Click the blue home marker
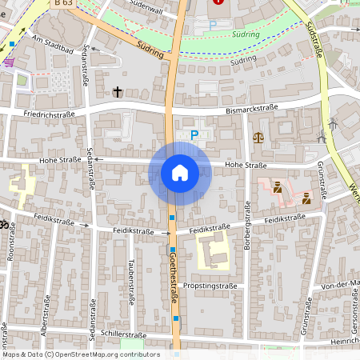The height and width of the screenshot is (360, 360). (x=179, y=172)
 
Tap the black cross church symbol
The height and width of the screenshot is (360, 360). (x=118, y=92)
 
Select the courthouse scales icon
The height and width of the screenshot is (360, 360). (x=258, y=137)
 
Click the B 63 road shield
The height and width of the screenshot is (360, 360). (x=67, y=4)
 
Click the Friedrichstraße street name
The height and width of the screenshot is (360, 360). (x=48, y=114)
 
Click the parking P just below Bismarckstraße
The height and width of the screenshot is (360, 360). (x=194, y=135)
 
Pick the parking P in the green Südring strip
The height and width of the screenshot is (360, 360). (x=212, y=26)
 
